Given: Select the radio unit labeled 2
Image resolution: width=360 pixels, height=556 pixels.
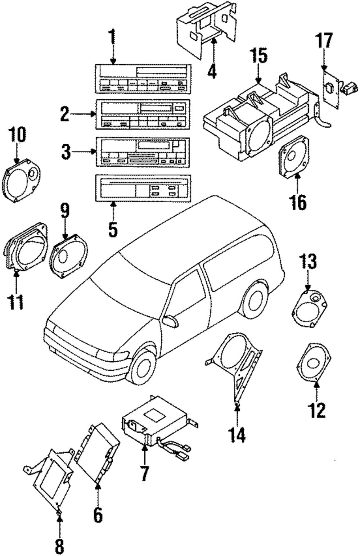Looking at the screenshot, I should pyautogui.click(x=143, y=114).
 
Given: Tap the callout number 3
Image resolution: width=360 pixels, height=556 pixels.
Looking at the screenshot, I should pyautogui.click(x=66, y=152).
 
